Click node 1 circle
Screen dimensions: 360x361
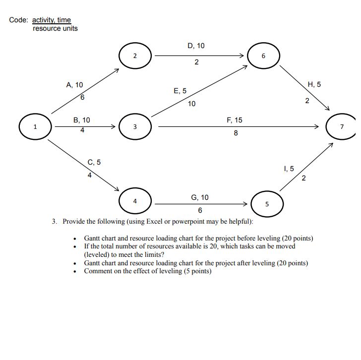(35, 127)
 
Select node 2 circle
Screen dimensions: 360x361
(135, 56)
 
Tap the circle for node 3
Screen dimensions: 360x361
(135, 127)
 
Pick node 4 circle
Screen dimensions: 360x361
(135, 201)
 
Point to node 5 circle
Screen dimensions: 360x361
(267, 203)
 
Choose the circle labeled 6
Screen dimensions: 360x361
(264, 56)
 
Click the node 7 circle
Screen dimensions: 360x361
(341, 126)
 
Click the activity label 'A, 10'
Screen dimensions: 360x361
(74, 85)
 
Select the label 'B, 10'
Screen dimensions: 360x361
(82, 120)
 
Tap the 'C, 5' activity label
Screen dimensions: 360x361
(94, 162)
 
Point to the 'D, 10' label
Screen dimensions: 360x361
(196, 46)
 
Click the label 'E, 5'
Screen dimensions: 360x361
(180, 91)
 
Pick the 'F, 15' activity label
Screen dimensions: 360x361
(235, 120)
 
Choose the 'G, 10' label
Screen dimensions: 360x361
(200, 197)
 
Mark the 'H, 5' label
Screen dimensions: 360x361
(314, 84)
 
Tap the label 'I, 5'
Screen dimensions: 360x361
(289, 169)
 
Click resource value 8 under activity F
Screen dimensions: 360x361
(236, 133)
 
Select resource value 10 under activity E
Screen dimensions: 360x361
(192, 104)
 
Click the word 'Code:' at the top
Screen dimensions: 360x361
(19, 20)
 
